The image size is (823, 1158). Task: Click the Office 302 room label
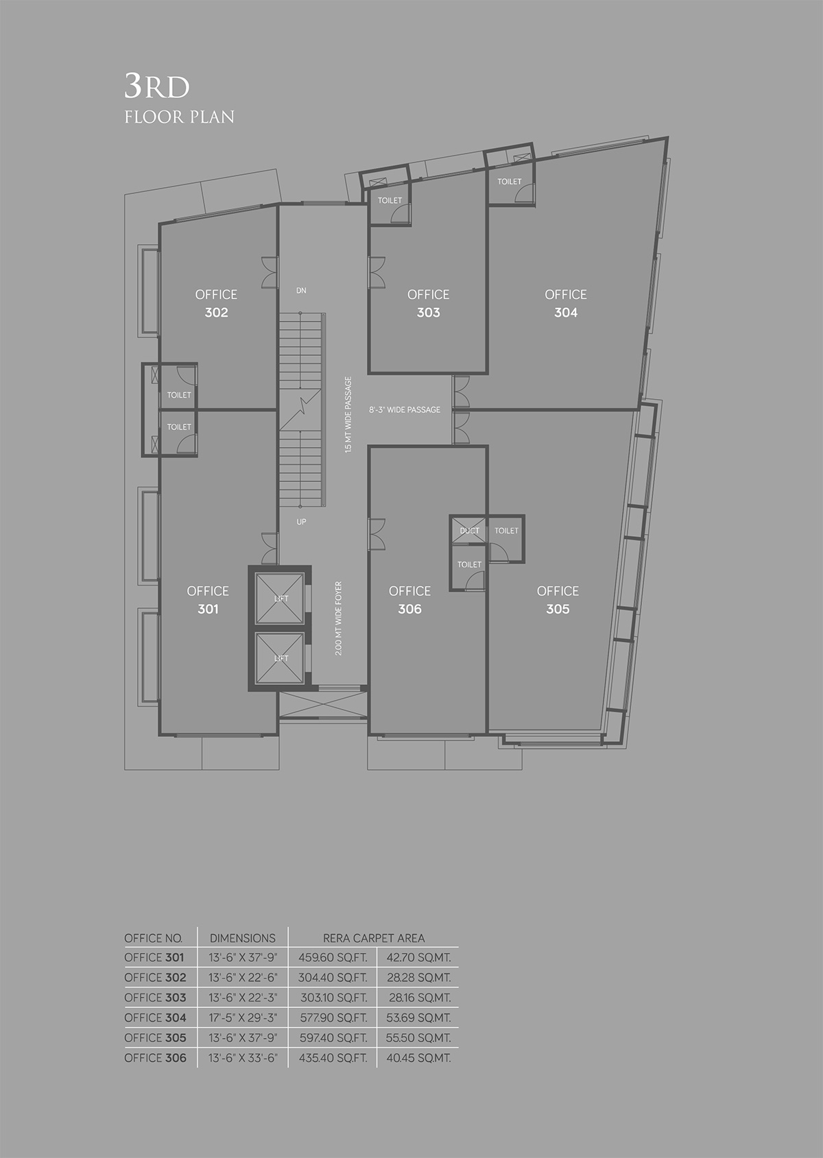[x=216, y=304]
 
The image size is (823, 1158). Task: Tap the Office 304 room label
[x=565, y=304]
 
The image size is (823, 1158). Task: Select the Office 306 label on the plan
[x=409, y=600]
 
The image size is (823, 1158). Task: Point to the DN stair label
[x=301, y=291]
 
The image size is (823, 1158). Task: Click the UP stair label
[x=301, y=522]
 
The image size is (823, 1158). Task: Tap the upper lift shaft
[x=280, y=598]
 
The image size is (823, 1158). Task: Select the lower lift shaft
[x=280, y=658]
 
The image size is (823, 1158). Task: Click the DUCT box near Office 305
[x=469, y=531]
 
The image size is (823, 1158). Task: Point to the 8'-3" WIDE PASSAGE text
[x=405, y=409]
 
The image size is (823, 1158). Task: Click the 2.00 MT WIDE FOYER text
[x=338, y=618]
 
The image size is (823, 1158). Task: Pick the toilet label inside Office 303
[x=390, y=200]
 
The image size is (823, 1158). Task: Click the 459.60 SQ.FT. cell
[x=333, y=957]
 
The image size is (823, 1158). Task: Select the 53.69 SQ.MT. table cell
[x=418, y=1017]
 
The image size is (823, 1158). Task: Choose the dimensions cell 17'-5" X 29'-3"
[x=243, y=1017]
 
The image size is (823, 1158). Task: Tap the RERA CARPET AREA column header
[x=374, y=938]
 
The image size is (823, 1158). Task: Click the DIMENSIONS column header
[x=243, y=938]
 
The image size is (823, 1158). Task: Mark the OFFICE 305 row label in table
[x=155, y=1037]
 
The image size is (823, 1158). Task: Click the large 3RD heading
[x=157, y=86]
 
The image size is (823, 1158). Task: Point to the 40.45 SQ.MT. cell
[x=418, y=1058]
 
